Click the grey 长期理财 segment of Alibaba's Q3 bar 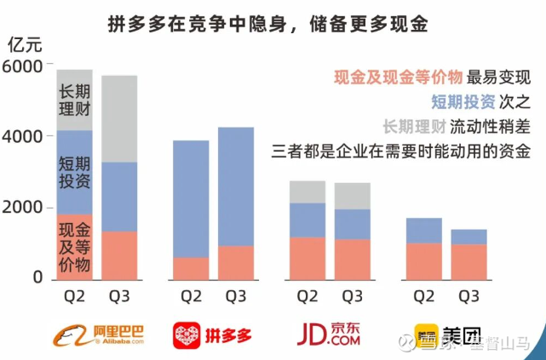point(119,118)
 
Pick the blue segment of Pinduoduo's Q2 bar point(191,198)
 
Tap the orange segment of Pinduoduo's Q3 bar point(236,262)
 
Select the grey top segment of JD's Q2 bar point(307,191)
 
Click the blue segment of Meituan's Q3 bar point(468,237)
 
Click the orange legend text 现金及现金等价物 point(399,77)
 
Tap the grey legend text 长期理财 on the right point(417,127)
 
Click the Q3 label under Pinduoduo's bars point(235,297)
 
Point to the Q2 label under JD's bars point(307,297)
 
